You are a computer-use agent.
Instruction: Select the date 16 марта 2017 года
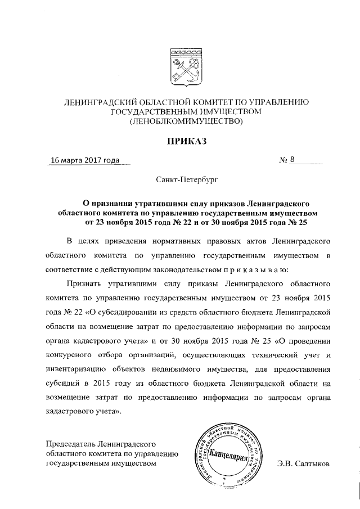85,161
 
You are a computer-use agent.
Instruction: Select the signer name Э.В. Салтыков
304,464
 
